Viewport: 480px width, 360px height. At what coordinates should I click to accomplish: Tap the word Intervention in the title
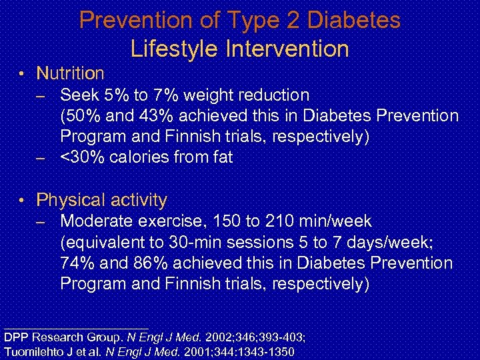(x=287, y=49)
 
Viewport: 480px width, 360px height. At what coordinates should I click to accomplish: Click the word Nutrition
(x=70, y=73)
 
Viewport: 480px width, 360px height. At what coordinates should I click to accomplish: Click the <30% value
(x=81, y=158)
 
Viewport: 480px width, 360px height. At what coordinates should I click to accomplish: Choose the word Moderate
(x=97, y=221)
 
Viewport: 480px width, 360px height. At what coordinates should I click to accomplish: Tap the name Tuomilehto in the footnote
(x=33, y=351)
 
